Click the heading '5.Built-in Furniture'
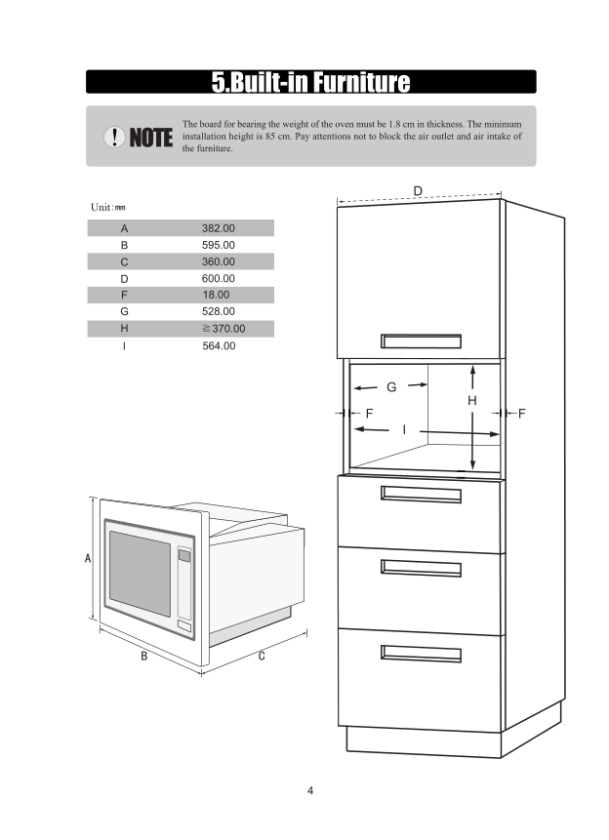(x=310, y=82)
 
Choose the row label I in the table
(x=124, y=345)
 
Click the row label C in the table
(x=124, y=261)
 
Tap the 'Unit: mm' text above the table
(x=107, y=208)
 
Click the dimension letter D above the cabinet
(x=418, y=189)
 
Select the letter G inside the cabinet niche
(x=391, y=387)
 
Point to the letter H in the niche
(x=471, y=400)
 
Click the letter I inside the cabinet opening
(x=404, y=429)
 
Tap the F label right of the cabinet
(x=522, y=414)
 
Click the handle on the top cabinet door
(x=421, y=340)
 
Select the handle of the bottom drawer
(x=421, y=653)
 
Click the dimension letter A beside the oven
(x=88, y=559)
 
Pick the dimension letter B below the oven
(x=143, y=656)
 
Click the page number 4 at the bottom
(x=310, y=790)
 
